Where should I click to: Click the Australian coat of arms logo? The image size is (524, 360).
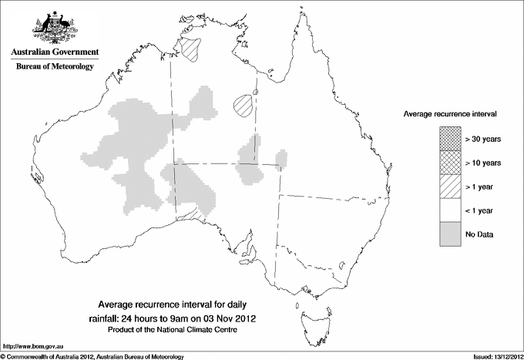[x=54, y=27]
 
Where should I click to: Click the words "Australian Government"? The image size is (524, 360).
[x=54, y=52]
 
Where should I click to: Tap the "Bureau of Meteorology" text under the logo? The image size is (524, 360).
[x=54, y=67]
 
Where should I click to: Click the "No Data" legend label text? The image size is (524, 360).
[x=479, y=234]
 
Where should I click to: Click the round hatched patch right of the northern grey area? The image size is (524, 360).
[x=243, y=104]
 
